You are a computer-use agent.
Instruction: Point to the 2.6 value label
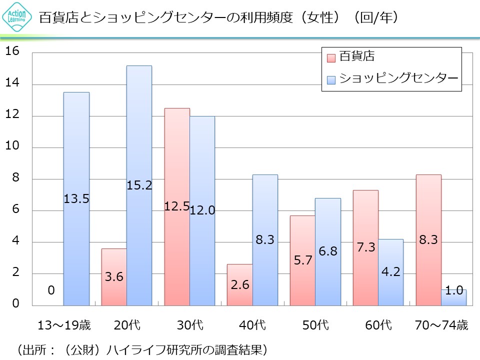pyautogui.click(x=239, y=285)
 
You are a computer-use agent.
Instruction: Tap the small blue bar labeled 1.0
pyautogui.click(x=453, y=297)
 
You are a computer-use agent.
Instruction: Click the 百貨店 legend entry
pyautogui.click(x=350, y=56)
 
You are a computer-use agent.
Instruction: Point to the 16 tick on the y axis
pyautogui.click(x=12, y=51)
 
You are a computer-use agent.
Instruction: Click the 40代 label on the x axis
pyautogui.click(x=253, y=325)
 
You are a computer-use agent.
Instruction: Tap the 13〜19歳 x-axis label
pyautogui.click(x=64, y=325)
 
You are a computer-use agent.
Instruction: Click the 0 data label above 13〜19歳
pyautogui.click(x=51, y=290)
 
